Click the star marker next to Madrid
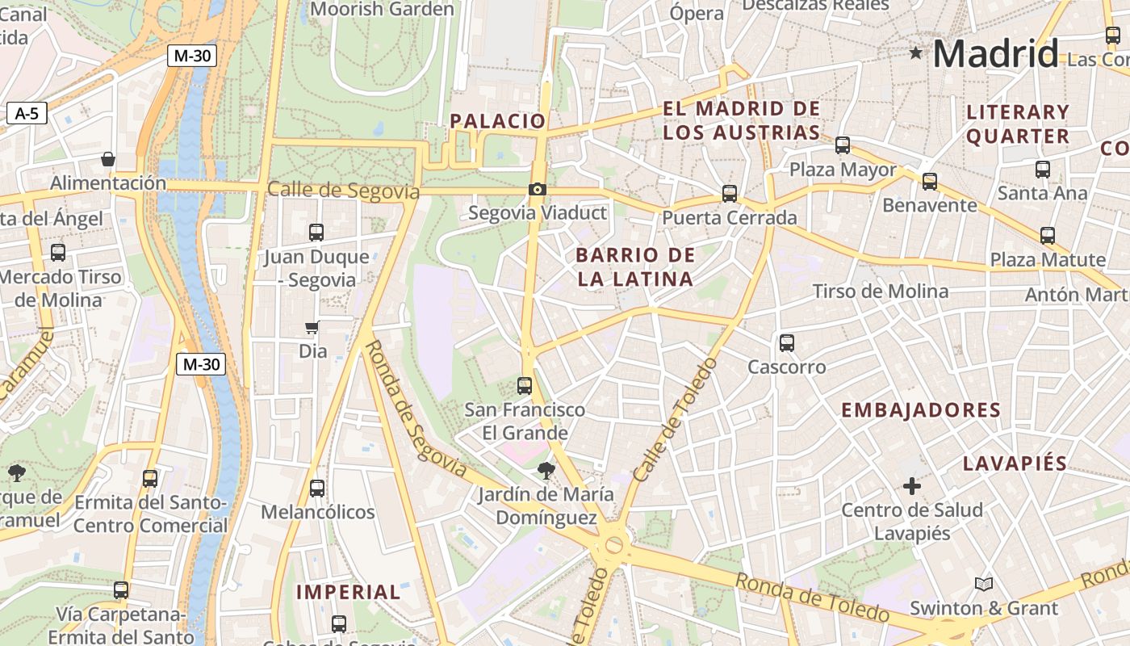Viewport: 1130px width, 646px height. (x=915, y=53)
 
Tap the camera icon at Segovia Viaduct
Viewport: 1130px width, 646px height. (x=537, y=190)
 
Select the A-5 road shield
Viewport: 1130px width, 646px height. (x=27, y=113)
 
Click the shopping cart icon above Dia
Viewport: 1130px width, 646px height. (x=312, y=327)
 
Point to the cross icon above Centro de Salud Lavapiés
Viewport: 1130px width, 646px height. (x=911, y=486)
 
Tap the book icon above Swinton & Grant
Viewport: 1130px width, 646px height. (x=982, y=584)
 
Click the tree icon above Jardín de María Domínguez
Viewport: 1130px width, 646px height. (x=546, y=470)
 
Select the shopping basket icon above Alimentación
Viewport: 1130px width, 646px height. (x=108, y=159)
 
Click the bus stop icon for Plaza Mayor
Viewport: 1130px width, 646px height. (x=843, y=145)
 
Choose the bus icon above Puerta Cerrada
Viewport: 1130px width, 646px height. (x=730, y=194)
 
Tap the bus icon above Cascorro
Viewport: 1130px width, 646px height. (x=787, y=343)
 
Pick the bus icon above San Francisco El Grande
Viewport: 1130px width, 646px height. (x=525, y=386)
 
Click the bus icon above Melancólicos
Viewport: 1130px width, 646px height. (x=317, y=489)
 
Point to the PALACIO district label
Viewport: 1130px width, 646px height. (x=498, y=121)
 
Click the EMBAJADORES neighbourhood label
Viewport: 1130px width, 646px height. (x=921, y=410)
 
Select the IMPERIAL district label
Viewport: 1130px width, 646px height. (x=348, y=592)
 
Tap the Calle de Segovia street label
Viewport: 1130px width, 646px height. (x=343, y=191)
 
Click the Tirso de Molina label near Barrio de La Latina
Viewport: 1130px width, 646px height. (x=880, y=292)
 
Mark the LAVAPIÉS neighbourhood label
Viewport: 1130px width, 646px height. (x=1015, y=464)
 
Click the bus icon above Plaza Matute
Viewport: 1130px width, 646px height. (x=1048, y=236)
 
